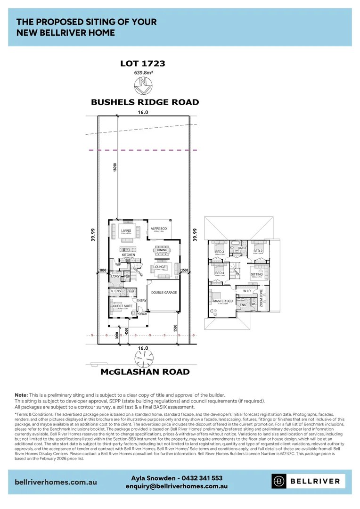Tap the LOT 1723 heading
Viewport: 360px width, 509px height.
tap(142, 63)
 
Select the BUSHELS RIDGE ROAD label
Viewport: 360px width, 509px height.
tap(145, 102)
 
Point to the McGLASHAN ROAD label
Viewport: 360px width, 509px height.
tap(145, 372)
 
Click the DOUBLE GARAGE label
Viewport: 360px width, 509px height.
tap(164, 293)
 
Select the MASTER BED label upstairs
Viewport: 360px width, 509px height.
tap(222, 301)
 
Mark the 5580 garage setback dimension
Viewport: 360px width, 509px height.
tap(176, 328)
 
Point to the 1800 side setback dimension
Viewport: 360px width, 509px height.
tap(103, 271)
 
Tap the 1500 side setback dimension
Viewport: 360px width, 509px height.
tap(185, 271)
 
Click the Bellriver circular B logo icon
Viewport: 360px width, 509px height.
tap(279, 481)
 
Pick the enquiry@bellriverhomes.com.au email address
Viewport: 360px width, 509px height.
tap(177, 486)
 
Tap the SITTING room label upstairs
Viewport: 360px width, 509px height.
tap(257, 274)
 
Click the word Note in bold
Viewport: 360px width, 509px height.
tap(21, 394)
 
